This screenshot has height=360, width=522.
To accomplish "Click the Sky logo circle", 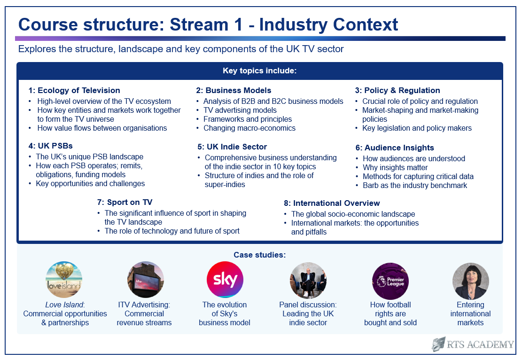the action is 225,280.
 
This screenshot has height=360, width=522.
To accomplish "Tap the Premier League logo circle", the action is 390,281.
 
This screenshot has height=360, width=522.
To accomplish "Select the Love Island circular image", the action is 64,280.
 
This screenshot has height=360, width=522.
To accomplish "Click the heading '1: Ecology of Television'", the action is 74,90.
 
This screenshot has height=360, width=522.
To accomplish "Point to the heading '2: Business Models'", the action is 234,90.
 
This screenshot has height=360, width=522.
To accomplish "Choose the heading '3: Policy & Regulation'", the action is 397,90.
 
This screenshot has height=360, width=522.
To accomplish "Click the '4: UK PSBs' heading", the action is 51,146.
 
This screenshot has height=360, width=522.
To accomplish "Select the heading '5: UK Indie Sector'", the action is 232,147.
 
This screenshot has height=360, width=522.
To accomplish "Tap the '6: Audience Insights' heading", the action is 395,148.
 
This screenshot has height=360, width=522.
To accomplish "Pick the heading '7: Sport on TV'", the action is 125,202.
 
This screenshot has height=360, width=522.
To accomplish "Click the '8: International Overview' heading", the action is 332,203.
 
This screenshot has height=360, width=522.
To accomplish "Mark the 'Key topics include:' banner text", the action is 260,70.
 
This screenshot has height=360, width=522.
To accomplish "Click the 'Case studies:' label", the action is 260,255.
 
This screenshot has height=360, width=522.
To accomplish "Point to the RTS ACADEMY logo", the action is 473,344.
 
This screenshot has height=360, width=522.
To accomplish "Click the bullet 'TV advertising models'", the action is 240,110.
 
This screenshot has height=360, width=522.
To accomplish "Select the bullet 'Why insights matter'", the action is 395,167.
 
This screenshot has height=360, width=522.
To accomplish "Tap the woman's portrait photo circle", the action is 470,281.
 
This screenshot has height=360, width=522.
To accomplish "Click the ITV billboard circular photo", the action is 146,280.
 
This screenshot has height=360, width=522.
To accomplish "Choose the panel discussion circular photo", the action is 308,281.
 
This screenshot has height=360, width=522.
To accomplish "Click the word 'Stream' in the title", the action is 199,24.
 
